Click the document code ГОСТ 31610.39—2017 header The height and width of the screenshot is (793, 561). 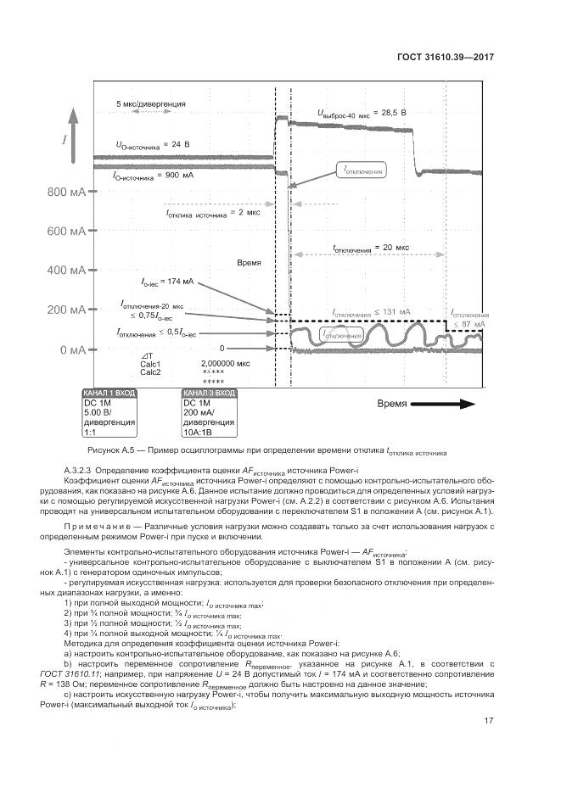click(x=445, y=58)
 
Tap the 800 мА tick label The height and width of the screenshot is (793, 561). click(x=66, y=192)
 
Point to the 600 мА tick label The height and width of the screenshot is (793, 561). click(x=66, y=232)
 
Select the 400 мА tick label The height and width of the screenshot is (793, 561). click(x=66, y=271)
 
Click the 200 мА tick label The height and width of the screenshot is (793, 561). click(x=66, y=310)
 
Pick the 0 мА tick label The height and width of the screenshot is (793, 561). click(x=71, y=349)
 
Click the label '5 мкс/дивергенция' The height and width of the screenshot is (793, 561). click(x=151, y=103)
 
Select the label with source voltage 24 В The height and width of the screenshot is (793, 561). click(x=153, y=144)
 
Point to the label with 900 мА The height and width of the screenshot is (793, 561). click(x=153, y=176)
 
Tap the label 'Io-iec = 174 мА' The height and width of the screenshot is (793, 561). click(x=168, y=281)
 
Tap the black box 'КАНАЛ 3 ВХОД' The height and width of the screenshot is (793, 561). click(x=209, y=394)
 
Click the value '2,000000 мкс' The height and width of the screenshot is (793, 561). click(x=225, y=363)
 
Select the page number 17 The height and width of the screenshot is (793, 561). click(x=488, y=721)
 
